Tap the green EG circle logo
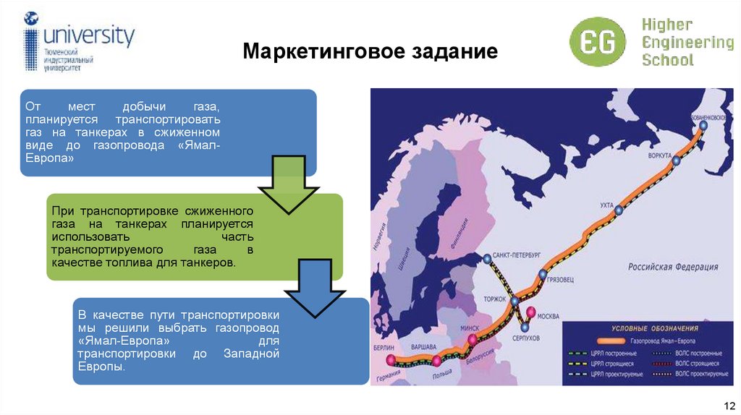[597, 43]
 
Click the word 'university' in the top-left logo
[89, 35]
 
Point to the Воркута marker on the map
[676, 161]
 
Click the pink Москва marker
[531, 313]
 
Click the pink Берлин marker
[391, 359]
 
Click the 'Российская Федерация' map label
[672, 266]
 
